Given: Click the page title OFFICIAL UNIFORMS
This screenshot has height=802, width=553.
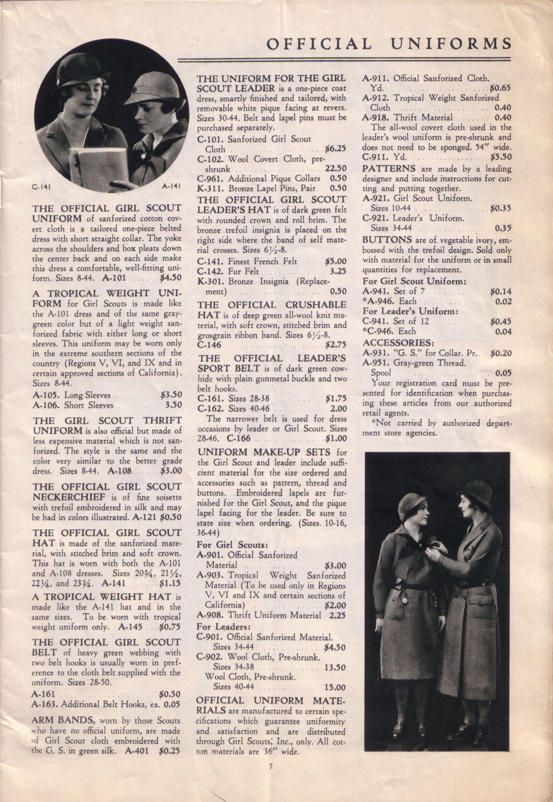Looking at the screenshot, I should (389, 43).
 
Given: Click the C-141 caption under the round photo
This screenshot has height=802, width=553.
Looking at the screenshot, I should (41, 187).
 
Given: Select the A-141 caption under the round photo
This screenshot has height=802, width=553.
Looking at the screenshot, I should (170, 187).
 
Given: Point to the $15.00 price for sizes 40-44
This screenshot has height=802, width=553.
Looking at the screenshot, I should (335, 687).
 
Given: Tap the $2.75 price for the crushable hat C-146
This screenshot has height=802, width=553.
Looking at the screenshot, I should (336, 345).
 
